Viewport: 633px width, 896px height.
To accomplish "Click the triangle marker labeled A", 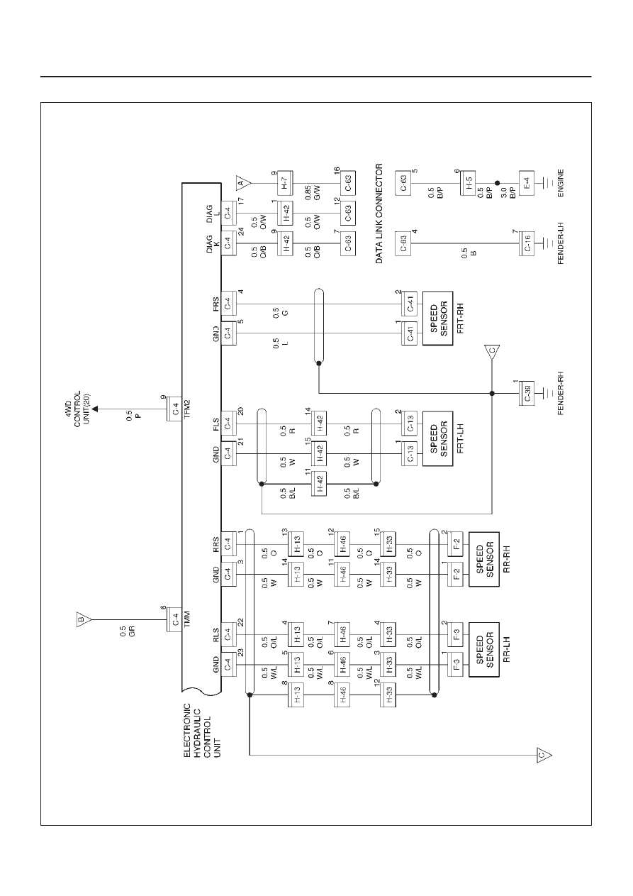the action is (x=242, y=183).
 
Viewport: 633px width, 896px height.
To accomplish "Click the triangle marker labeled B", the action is (x=83, y=620).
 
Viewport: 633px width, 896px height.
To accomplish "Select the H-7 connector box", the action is (x=285, y=183).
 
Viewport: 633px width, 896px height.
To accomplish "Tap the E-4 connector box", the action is (x=526, y=183).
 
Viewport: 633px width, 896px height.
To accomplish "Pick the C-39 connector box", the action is (x=526, y=393).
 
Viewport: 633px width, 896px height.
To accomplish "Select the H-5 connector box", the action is (x=467, y=183).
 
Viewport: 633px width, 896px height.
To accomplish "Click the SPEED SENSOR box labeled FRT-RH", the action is (x=437, y=318).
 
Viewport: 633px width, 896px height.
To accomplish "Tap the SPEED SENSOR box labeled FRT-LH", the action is (x=437, y=438).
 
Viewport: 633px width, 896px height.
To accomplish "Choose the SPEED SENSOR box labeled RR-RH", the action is (x=483, y=559).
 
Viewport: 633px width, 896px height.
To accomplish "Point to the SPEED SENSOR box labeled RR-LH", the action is (x=483, y=649).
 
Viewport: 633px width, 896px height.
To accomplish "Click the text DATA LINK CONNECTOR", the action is (x=379, y=214).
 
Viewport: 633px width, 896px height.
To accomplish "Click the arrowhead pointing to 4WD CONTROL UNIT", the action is (x=96, y=409).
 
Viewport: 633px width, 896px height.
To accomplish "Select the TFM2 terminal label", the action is (x=187, y=409).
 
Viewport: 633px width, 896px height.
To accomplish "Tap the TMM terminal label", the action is (x=187, y=620).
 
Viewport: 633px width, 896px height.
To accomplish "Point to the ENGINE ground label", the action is (x=561, y=183).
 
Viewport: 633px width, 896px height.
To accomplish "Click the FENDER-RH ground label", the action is (x=561, y=393).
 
